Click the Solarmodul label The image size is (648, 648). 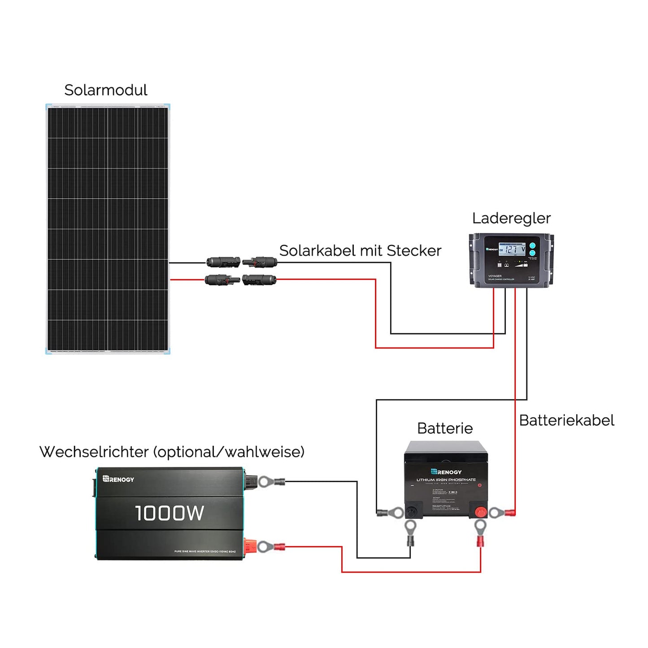[105, 90]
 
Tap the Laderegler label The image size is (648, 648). [511, 218]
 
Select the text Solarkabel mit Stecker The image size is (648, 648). [360, 251]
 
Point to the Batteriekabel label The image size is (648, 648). [566, 421]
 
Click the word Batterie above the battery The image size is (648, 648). [445, 428]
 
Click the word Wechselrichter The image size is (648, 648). [94, 452]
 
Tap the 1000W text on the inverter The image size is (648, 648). [170, 513]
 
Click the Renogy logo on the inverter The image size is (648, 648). [118, 479]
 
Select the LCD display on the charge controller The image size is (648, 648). [512, 249]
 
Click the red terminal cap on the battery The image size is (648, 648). [480, 512]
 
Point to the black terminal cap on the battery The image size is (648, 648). [411, 511]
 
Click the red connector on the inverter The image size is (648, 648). [249, 546]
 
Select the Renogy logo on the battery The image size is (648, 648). [446, 472]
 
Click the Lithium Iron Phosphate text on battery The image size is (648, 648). [446, 480]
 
